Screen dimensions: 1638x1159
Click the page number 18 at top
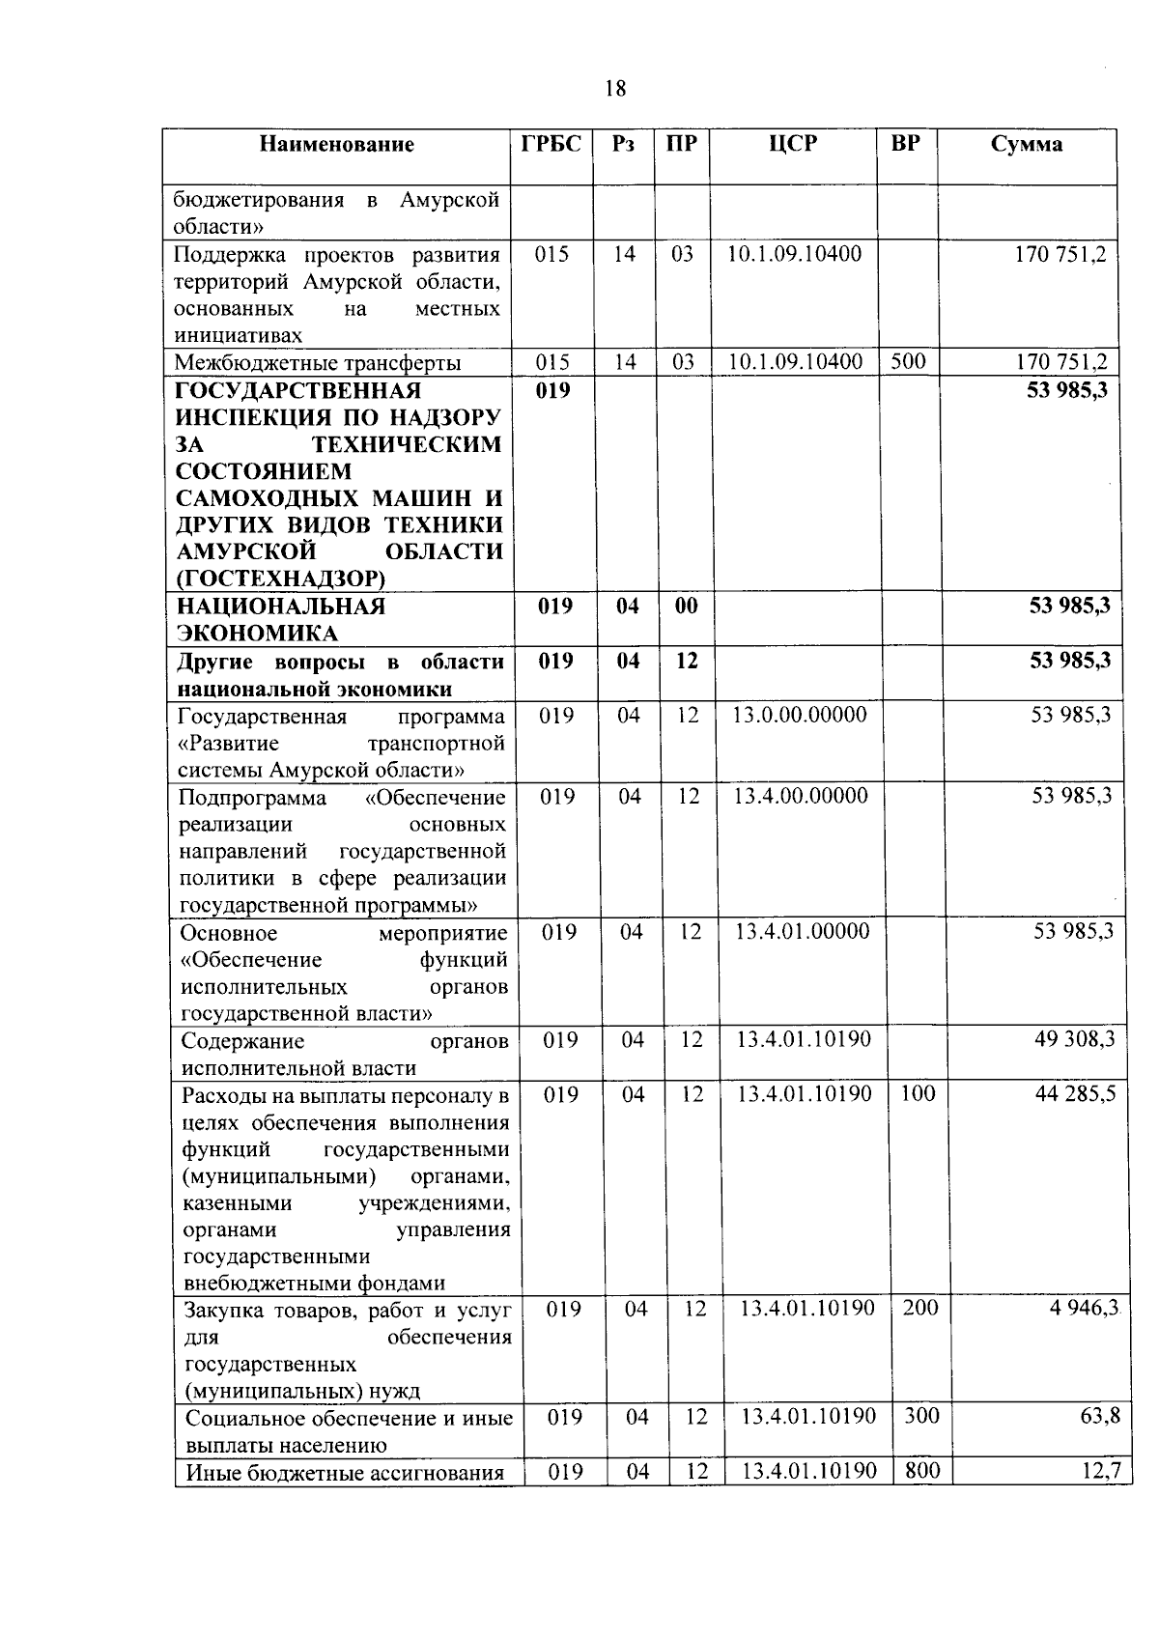pos(615,89)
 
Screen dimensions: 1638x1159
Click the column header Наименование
pos(336,145)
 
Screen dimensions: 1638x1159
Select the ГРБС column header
pos(551,144)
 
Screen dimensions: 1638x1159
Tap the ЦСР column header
pos(793,144)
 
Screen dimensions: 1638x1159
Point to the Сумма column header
pos(1027,145)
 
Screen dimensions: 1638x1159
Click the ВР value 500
pos(908,362)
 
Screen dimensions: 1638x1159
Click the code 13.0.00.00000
pos(800,716)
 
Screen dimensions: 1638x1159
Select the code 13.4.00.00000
pos(801,796)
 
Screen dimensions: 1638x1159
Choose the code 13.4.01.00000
pos(802,932)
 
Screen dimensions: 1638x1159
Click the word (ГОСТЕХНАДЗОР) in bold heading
pos(280,579)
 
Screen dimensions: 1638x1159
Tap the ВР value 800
pos(922,1472)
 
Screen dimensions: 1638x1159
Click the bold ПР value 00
pos(686,607)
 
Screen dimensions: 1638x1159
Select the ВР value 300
pos(921,1417)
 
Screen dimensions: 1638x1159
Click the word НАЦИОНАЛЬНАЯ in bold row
pos(280,607)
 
